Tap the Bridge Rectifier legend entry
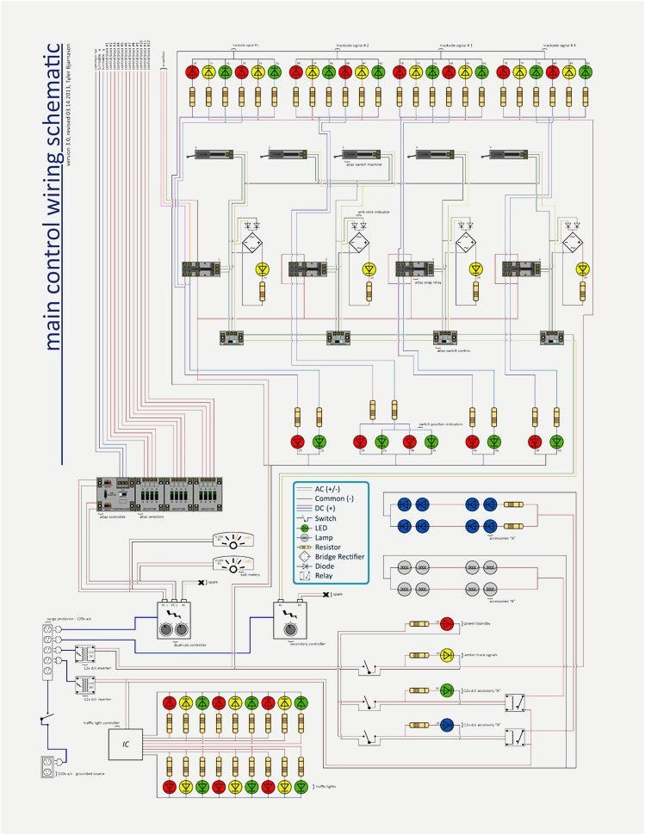[x=339, y=557]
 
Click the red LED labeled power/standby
[x=447, y=623]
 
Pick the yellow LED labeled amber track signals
[x=447, y=656]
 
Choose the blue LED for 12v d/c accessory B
[x=447, y=723]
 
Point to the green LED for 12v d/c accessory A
[x=447, y=690]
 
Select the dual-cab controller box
[x=174, y=620]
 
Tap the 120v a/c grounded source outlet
[x=48, y=765]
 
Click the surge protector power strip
[x=49, y=655]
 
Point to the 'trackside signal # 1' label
[x=245, y=44]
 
